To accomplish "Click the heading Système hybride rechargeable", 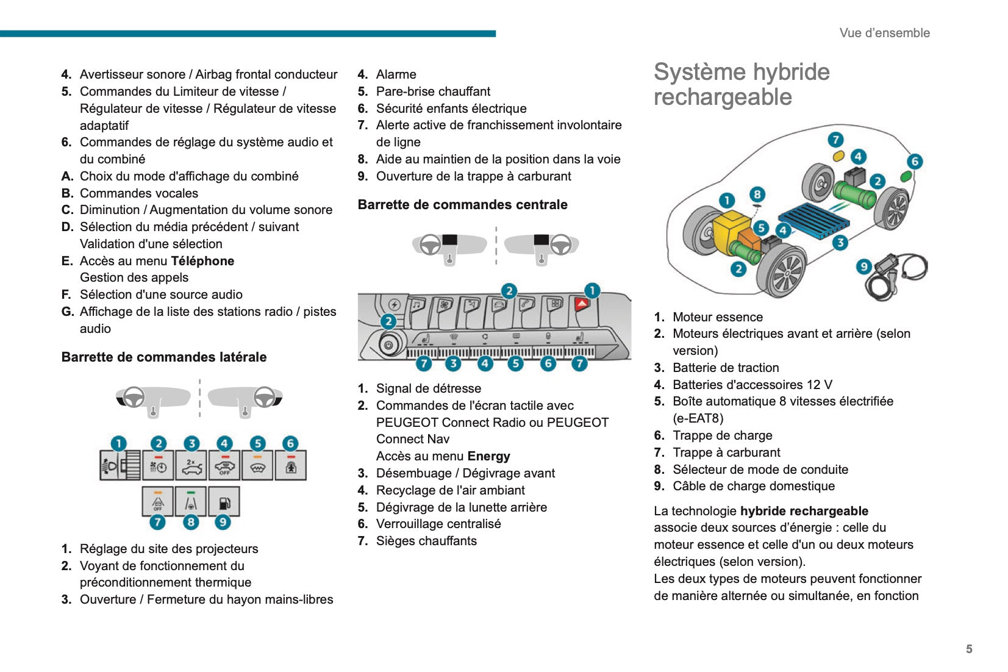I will pos(741,84).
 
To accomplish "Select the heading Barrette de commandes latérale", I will pos(164,357).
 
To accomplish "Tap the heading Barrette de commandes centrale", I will pos(462,205).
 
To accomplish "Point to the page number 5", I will pos(969,649).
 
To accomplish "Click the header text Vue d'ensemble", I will pos(884,33).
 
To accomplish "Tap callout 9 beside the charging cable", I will pos(863,266).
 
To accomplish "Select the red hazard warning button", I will pos(582,304).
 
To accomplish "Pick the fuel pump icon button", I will pos(224,502).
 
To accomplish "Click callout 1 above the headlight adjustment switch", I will pos(118,443).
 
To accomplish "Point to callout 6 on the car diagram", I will pos(914,162).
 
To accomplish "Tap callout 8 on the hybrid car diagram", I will pos(757,195).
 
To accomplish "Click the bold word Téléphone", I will pos(202,261).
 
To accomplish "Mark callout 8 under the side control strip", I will pos(191,522).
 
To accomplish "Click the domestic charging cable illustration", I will pos(899,271).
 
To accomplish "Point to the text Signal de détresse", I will pos(428,388).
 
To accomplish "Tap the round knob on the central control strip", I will pos(388,345).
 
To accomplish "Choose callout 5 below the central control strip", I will pos(516,363).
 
